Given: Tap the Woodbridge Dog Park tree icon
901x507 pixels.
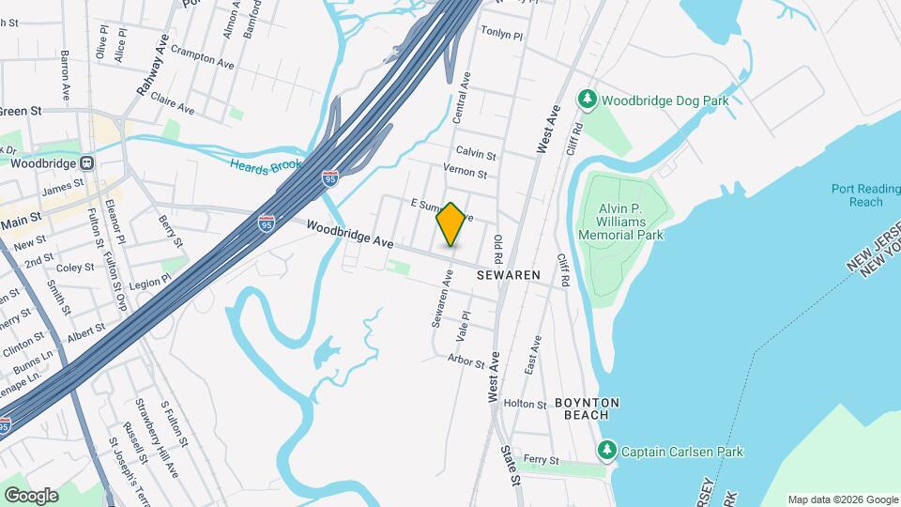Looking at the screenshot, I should click(x=588, y=99).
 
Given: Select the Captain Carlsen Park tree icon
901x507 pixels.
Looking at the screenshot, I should click(x=607, y=452).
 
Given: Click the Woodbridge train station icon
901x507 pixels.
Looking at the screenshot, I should click(x=86, y=161).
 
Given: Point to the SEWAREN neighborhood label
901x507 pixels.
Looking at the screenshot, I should click(x=509, y=276).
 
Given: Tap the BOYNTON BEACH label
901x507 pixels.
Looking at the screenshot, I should click(x=588, y=407).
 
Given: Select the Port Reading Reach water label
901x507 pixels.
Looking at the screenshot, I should click(x=857, y=195).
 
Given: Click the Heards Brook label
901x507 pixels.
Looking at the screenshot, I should click(x=267, y=164).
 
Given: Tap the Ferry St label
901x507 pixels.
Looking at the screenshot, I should click(x=542, y=461).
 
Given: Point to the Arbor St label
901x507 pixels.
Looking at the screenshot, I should click(x=466, y=361).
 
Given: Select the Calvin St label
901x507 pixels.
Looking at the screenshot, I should click(x=476, y=152).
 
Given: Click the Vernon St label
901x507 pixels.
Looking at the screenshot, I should click(x=466, y=173).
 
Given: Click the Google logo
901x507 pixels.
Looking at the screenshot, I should click(x=31, y=495).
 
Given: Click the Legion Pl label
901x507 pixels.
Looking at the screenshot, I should click(x=151, y=280).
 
